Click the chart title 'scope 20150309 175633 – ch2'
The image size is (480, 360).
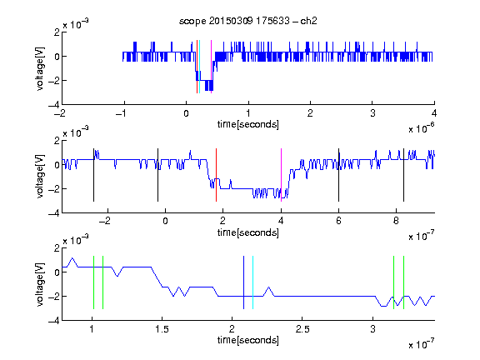pyautogui.click(x=248, y=21)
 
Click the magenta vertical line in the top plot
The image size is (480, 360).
pyautogui.click(x=211, y=67)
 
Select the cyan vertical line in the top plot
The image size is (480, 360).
pyautogui.click(x=199, y=67)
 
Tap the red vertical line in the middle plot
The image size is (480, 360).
pyautogui.click(x=216, y=175)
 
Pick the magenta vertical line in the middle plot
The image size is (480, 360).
pyautogui.click(x=282, y=175)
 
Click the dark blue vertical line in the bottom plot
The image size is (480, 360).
pyautogui.click(x=243, y=282)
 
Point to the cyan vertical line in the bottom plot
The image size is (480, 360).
pyautogui.click(x=252, y=282)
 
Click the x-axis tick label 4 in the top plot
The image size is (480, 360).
pyautogui.click(x=434, y=113)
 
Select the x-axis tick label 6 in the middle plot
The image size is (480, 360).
pyautogui.click(x=338, y=221)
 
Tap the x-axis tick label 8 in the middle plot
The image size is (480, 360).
pyautogui.click(x=396, y=221)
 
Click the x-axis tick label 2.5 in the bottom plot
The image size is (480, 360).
pyautogui.click(x=302, y=329)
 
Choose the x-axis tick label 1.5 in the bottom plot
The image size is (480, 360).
pyautogui.click(x=162, y=329)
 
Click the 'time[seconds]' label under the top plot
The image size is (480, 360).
pyautogui.click(x=248, y=124)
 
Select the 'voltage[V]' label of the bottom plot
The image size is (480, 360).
pyautogui.click(x=40, y=284)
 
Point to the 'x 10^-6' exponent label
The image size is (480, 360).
pyautogui.click(x=422, y=128)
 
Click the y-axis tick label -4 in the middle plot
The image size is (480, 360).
pyautogui.click(x=54, y=213)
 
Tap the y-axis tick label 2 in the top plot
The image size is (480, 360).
pyautogui.click(x=57, y=32)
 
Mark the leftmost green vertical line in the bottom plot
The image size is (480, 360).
pyautogui.click(x=93, y=282)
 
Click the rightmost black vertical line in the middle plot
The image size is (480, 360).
pyautogui.click(x=403, y=175)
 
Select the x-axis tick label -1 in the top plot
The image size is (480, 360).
pyautogui.click(x=122, y=113)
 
